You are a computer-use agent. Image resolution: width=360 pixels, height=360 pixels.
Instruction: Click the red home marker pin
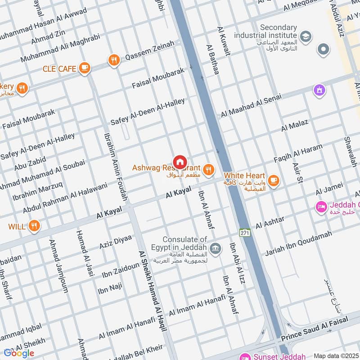coord(180,162)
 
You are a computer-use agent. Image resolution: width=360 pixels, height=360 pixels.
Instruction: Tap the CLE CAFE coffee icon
coord(84,68)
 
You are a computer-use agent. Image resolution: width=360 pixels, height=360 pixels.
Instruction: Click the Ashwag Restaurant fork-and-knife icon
coord(208,169)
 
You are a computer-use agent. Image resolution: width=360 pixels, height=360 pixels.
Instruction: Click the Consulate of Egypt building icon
coord(216,248)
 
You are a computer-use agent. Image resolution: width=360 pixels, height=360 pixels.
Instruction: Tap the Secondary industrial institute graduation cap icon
coord(305,36)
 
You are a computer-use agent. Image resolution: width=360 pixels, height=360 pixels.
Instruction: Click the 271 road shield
coord(244,233)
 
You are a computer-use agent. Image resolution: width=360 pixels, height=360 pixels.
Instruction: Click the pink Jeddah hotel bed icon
coord(321,207)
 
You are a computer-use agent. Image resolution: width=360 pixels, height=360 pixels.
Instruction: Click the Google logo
coord(19,353)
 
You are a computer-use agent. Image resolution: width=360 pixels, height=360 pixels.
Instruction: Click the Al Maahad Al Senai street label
coord(251,105)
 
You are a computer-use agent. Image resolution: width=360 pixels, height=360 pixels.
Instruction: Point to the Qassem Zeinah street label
coord(149,50)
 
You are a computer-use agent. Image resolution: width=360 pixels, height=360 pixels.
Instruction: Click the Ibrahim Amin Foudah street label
coord(116,166)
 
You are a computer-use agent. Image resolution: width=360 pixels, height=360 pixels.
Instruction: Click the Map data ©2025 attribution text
coord(336,355)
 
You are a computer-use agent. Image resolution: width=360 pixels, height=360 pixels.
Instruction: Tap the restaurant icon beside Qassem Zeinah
coord(114,60)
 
